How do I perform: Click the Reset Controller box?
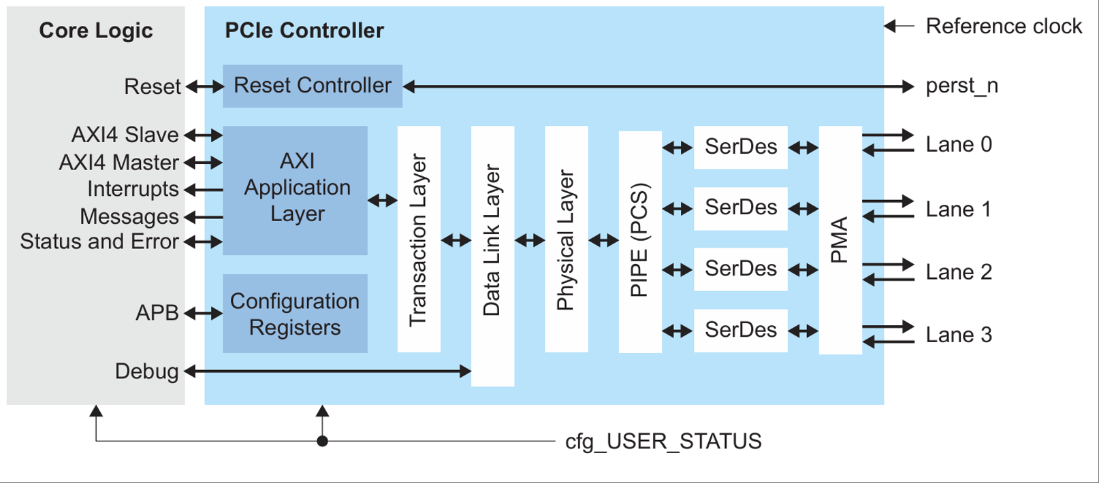pos(313,86)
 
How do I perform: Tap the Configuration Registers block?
pos(296,314)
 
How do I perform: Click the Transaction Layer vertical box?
pos(419,239)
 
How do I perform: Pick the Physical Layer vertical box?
pos(567,239)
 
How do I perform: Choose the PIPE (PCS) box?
pos(640,241)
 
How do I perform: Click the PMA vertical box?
pos(840,239)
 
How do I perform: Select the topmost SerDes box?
pos(741,147)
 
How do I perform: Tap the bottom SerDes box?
pos(741,331)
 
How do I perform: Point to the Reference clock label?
pos(1004,27)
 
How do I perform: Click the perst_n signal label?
pos(961,86)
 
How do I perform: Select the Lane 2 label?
pos(959,272)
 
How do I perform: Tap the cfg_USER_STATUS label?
pos(663,442)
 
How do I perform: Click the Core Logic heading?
pos(96,31)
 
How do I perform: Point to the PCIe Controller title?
pos(304,31)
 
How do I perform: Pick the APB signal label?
pos(157,313)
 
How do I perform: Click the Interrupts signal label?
pos(133,189)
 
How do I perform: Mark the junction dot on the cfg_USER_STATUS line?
pos(323,442)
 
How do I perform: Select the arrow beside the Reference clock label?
pos(899,27)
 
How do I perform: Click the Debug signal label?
pos(146,371)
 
